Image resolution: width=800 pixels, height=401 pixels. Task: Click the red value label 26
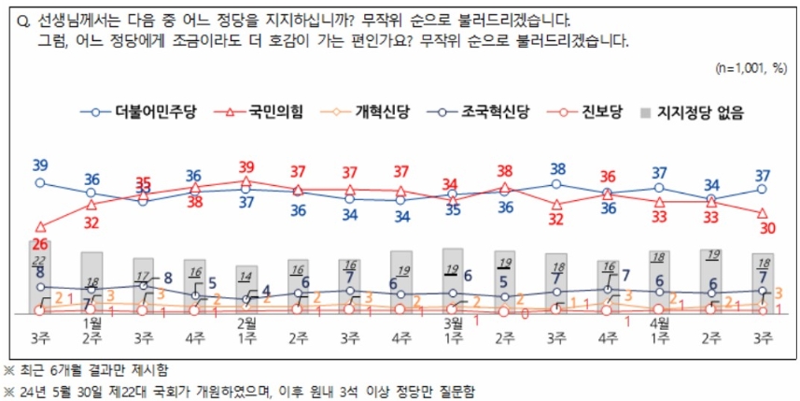pos(39,243)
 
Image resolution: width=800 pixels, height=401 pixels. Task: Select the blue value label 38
pos(558,169)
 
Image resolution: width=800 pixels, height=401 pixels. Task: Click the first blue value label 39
pos(40,165)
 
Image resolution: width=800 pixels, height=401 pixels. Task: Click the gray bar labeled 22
pos(39,276)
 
